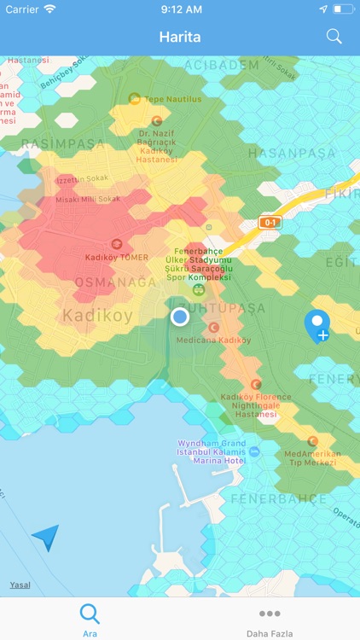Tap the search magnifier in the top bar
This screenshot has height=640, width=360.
coord(334,37)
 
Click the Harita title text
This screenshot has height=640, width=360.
coord(179,37)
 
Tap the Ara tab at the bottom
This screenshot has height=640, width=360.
coord(90,620)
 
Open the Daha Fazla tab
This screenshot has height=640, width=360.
coord(270,620)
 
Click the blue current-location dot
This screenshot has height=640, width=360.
coord(179,317)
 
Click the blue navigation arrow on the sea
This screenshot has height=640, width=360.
coord(46,537)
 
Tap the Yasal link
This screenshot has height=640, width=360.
coord(20,585)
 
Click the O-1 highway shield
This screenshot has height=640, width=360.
coord(270,223)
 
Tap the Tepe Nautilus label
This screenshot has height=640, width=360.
coord(172,99)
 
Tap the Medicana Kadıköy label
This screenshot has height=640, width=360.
coord(213,340)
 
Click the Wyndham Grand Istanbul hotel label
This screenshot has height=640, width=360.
coord(212,451)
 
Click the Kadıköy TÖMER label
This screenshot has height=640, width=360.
coord(117,257)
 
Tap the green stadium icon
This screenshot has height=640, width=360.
coord(198,289)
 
